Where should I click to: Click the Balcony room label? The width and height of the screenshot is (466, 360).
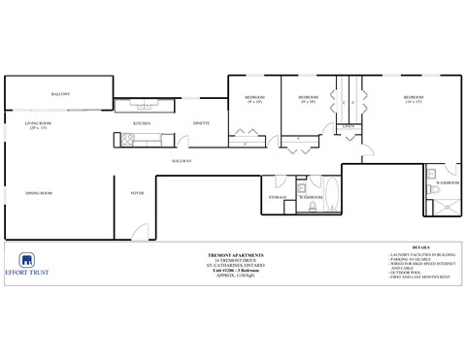coord(60,94)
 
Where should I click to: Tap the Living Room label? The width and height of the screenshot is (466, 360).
coord(38,125)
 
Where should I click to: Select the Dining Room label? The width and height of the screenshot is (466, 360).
coord(39,193)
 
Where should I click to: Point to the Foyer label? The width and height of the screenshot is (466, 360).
coord(138,193)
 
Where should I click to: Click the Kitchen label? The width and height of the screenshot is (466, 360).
coord(142,124)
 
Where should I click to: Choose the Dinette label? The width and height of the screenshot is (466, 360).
coord(202,124)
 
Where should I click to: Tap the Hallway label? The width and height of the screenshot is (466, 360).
coord(182,159)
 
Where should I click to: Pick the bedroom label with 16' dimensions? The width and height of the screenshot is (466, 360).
coord(414,99)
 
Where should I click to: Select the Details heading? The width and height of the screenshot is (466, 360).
coord(420,247)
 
